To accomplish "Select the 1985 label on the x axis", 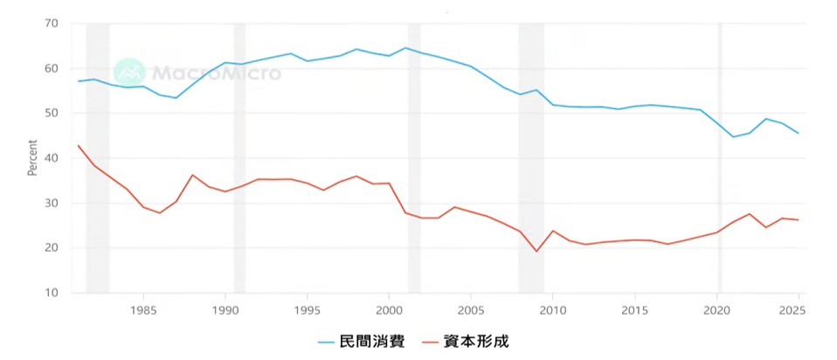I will (143, 309).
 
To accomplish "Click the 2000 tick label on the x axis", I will (389, 309).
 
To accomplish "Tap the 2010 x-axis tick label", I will (552, 309).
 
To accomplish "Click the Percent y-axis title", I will (32, 158).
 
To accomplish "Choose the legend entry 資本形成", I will (477, 341).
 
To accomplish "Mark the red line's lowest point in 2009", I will (536, 251).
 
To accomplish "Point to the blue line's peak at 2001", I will (405, 48).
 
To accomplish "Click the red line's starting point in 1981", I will (79, 145).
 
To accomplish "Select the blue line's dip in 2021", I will (733, 137).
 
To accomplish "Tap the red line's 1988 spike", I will (193, 175).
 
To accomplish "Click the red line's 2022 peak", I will (750, 214).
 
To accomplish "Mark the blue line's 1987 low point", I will (176, 98).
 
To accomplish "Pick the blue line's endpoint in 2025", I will (799, 133).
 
